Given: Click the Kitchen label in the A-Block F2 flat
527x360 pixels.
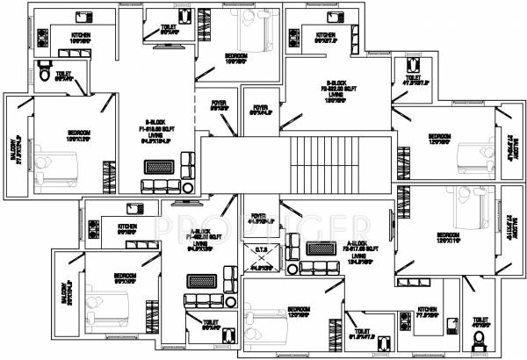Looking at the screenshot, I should coord(428,309).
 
